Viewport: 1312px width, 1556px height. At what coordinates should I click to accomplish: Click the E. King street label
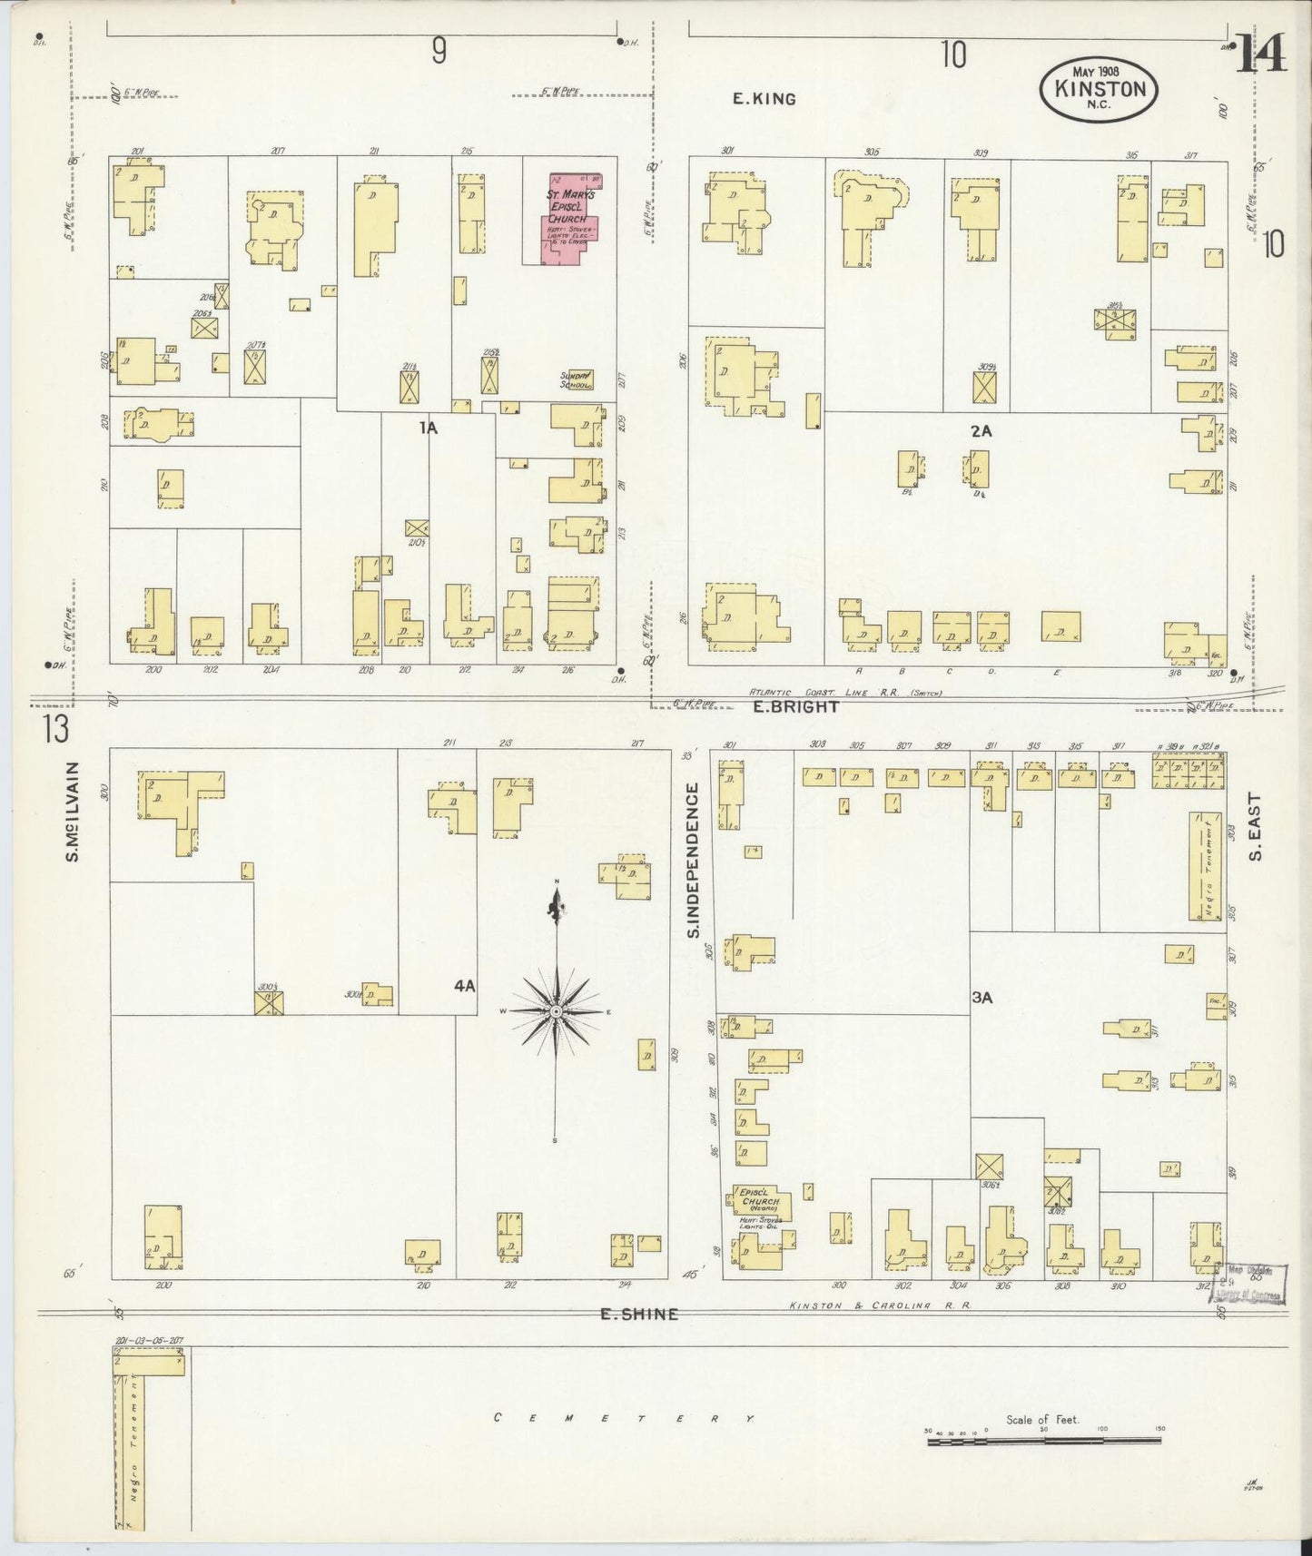tap(765, 99)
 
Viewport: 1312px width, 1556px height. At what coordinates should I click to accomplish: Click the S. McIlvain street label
tap(74, 811)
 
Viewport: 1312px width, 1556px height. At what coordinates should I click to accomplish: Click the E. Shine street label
tap(639, 1314)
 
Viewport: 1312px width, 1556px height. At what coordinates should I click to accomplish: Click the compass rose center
tap(555, 1011)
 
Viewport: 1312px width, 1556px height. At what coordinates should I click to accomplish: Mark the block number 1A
tap(428, 428)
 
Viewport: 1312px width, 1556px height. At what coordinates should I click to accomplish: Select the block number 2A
tap(981, 431)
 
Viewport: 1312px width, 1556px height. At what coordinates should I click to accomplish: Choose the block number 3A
tap(982, 998)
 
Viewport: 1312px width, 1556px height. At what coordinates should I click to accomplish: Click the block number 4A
tap(464, 985)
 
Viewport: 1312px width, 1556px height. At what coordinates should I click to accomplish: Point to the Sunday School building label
tap(576, 380)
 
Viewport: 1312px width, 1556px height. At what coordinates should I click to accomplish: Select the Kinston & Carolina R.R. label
tap(880, 1305)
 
